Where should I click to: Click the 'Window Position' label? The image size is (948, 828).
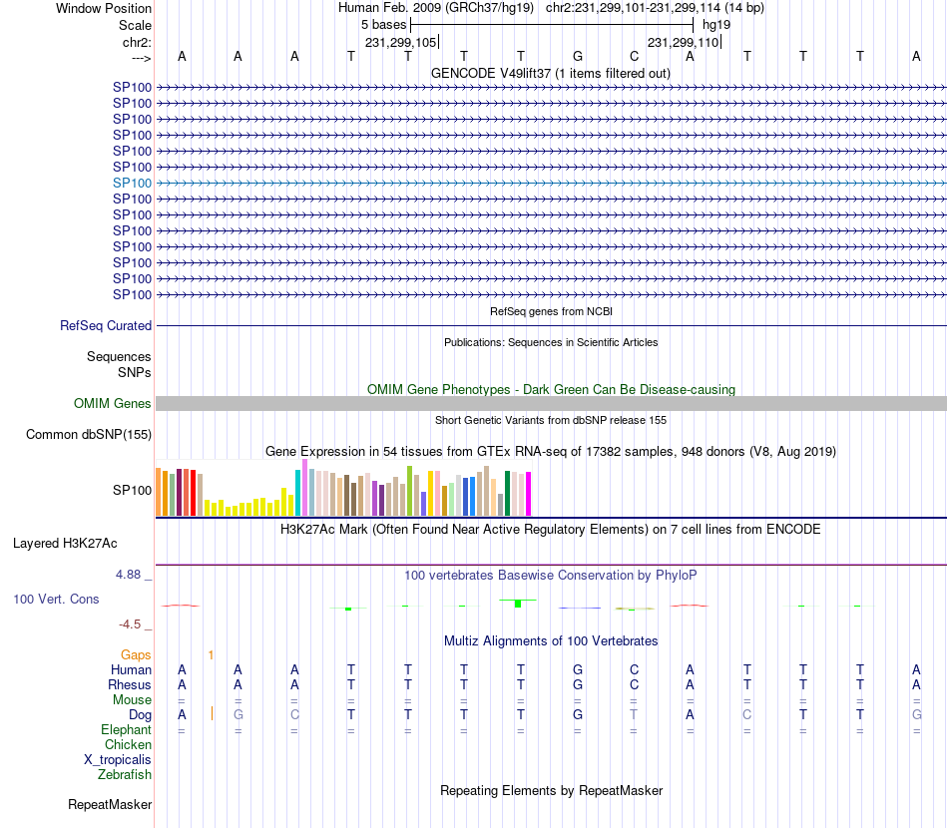coord(104,8)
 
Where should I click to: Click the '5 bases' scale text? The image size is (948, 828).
coord(384,25)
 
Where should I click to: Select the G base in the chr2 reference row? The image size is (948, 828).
coord(578,56)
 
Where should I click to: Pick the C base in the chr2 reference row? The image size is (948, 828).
coord(635,56)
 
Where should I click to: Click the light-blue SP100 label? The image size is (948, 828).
coord(132,184)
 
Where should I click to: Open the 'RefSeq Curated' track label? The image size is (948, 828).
coord(106,326)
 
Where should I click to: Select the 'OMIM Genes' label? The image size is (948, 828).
coord(113,404)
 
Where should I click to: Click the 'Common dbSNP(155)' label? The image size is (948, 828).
coord(89,434)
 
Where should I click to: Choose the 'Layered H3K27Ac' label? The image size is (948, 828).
coord(65,544)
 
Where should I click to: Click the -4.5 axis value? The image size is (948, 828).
coord(131,624)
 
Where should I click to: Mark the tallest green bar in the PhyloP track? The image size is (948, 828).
coord(518,604)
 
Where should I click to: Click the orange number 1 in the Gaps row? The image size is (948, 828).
coord(211,655)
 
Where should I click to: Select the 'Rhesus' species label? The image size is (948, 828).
coord(130,685)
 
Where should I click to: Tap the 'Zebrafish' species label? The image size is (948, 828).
coord(125,775)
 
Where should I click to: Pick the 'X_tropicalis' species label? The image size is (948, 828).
coord(118,760)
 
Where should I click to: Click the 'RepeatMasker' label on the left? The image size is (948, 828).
coord(110,804)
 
